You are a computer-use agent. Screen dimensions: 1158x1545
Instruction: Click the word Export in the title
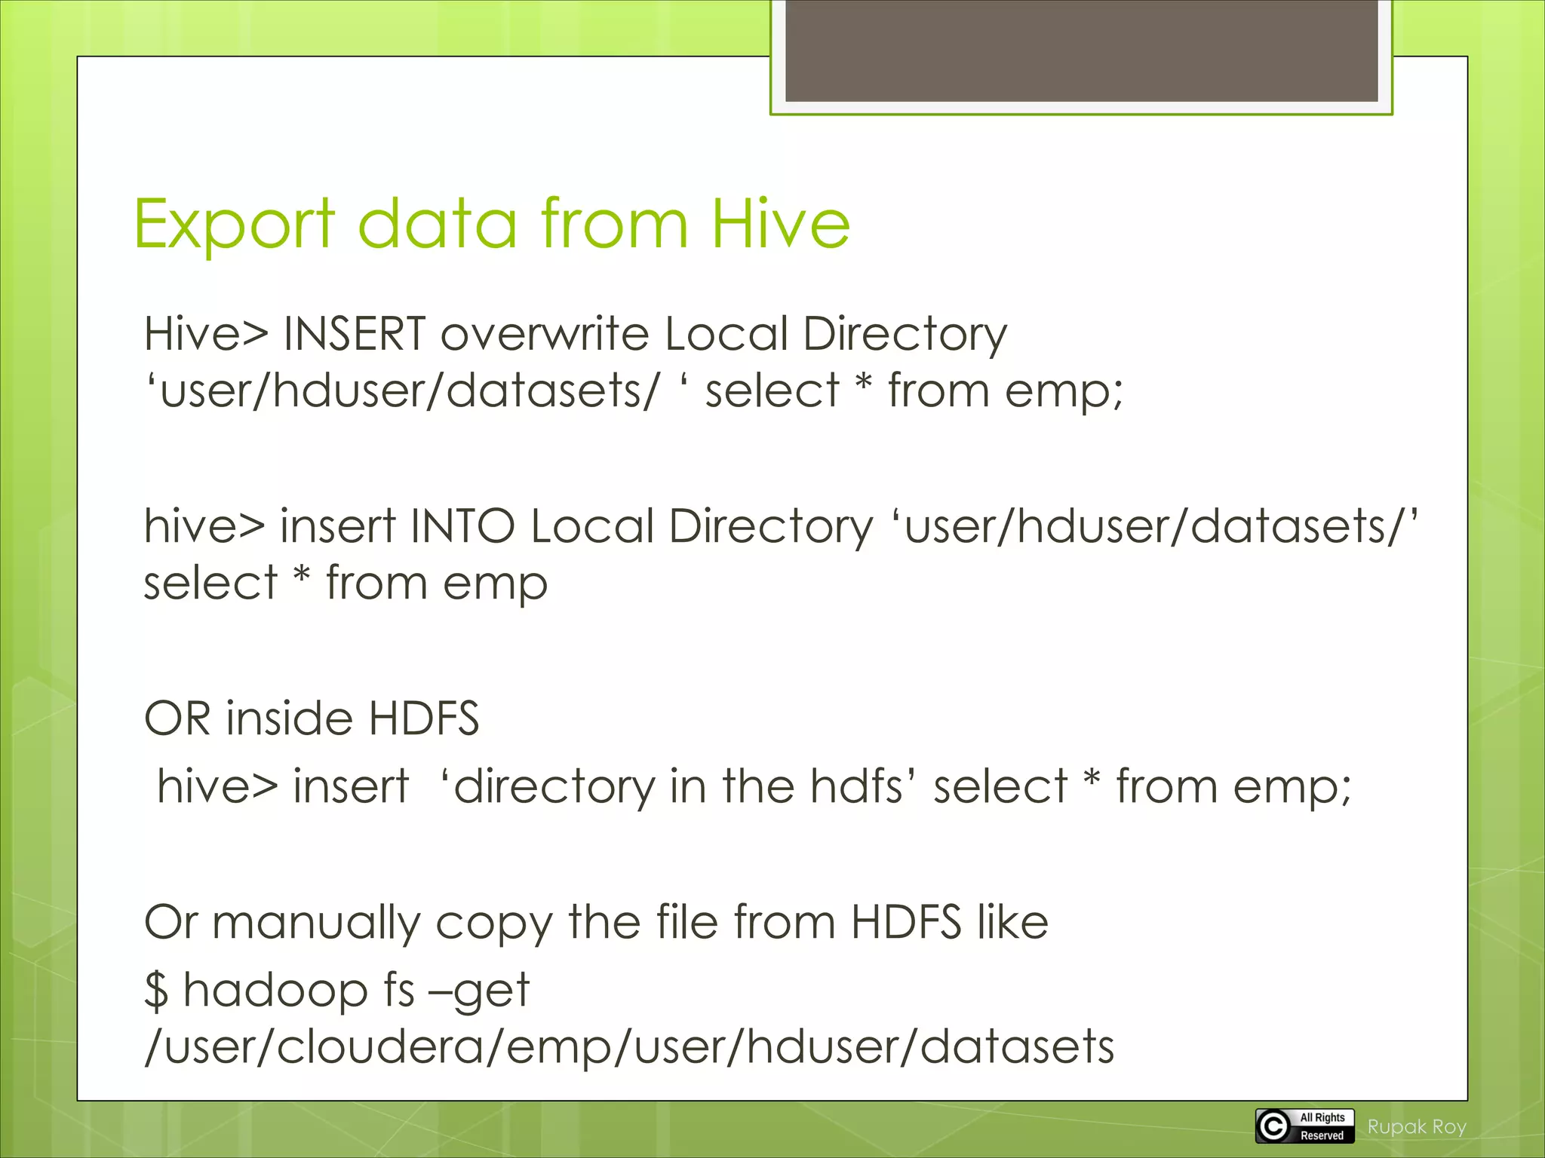(x=234, y=224)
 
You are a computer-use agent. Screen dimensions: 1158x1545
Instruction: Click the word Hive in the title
(x=780, y=224)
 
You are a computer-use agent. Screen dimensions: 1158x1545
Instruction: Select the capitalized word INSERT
(x=355, y=334)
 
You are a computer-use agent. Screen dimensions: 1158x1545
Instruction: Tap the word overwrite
(x=544, y=334)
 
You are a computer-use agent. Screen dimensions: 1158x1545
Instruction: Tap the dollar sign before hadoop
(x=156, y=991)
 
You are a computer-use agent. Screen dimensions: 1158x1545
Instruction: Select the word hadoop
(x=275, y=991)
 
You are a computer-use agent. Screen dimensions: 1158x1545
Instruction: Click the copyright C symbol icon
(x=1273, y=1126)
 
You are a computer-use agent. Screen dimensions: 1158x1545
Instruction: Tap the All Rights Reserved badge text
(x=1322, y=1126)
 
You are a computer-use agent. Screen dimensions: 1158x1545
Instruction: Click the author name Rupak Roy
(x=1417, y=1127)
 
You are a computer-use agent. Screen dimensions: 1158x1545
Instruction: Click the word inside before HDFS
(x=288, y=718)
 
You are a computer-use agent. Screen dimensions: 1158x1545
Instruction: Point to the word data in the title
(x=438, y=224)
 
